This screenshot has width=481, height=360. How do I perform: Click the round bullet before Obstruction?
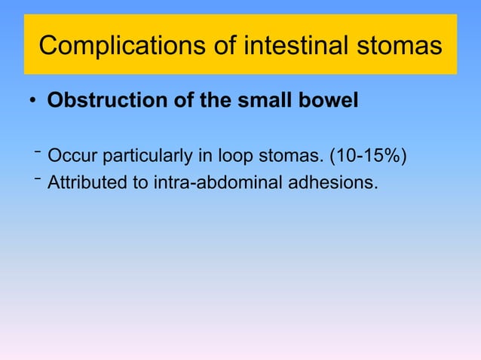[x=34, y=102]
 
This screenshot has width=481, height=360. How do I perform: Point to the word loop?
[x=240, y=157]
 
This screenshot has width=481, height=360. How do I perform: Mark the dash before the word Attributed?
[x=37, y=178]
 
